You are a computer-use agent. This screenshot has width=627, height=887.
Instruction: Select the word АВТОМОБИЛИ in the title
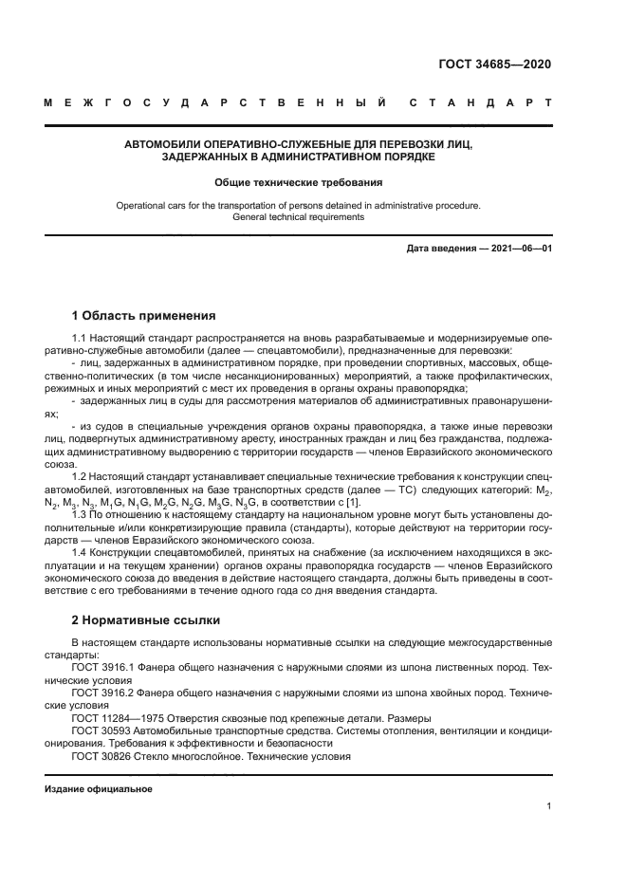tap(165, 144)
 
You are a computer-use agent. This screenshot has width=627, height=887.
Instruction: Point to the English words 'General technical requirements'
tap(298, 217)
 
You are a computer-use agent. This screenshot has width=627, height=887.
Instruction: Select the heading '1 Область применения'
tap(144, 315)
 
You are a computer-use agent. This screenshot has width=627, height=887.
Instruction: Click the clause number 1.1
tap(80, 339)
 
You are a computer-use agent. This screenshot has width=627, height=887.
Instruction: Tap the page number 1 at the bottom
tap(549, 806)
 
